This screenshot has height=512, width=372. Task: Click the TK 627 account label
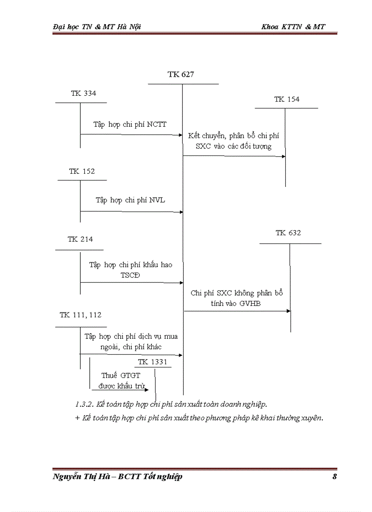pos(181,74)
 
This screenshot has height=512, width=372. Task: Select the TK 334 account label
pos(83,93)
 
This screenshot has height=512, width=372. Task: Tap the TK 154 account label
pos(287,99)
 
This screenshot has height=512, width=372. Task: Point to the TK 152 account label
pos(82,171)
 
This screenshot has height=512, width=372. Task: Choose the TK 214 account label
pos(80,239)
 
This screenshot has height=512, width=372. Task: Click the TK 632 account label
pos(288,233)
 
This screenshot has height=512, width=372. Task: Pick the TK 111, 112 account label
pos(81,315)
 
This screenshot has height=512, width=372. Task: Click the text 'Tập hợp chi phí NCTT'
pos(130,124)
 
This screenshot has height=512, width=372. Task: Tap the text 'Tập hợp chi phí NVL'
pos(130,200)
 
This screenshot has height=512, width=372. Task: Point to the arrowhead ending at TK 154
pos(283,156)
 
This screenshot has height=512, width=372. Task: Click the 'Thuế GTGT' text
pos(118,376)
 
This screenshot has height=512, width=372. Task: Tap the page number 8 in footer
pos(335,477)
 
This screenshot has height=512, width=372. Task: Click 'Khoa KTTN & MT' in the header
pos(293,27)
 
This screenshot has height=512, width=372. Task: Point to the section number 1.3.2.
pos(85,404)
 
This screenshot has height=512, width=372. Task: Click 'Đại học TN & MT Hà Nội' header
pos(97,27)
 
